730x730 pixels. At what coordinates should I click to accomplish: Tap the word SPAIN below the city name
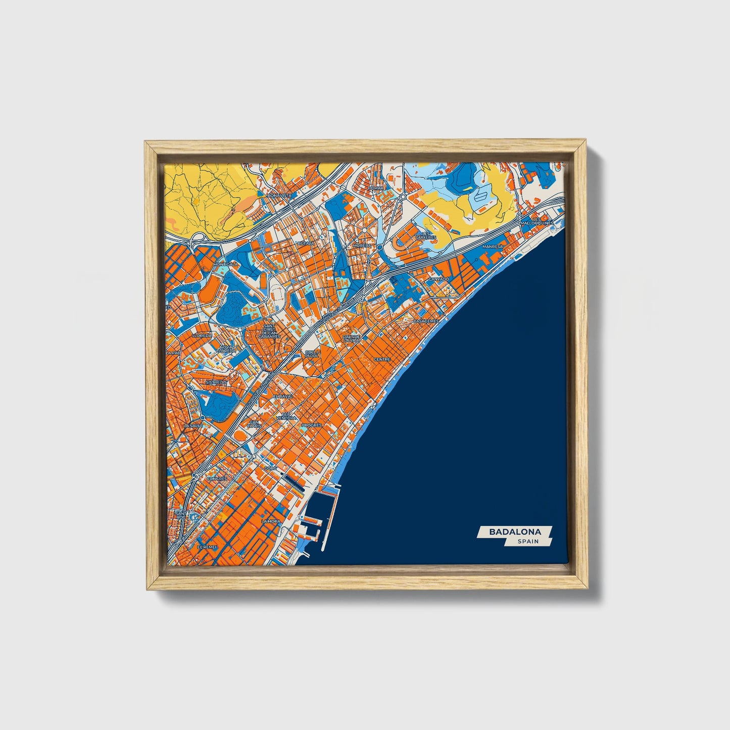click(x=528, y=542)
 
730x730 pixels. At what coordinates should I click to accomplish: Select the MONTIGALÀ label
click(x=225, y=264)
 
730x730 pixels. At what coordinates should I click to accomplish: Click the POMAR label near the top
click(x=376, y=188)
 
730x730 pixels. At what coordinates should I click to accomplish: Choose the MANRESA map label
click(x=493, y=247)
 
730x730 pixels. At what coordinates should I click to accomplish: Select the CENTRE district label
click(x=382, y=360)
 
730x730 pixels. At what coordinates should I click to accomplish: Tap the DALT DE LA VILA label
click(x=352, y=338)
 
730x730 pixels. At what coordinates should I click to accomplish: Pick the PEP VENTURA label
click(x=286, y=416)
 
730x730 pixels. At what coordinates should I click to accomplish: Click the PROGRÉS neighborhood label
click(x=311, y=425)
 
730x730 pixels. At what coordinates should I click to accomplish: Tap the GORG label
click(x=271, y=468)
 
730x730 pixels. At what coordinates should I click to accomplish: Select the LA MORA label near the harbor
click(x=271, y=521)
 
